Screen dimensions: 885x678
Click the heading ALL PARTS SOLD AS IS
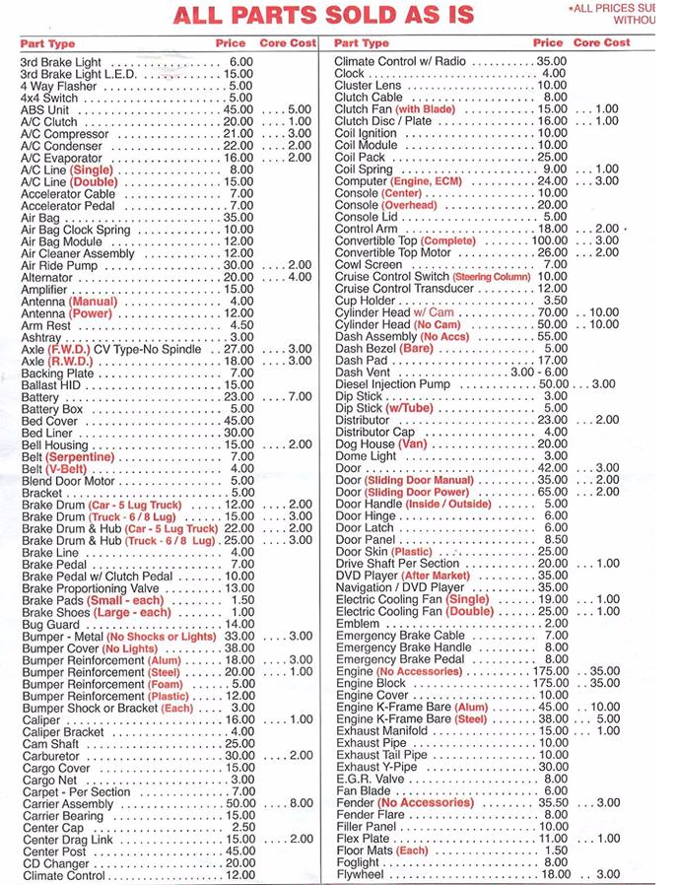click(x=323, y=16)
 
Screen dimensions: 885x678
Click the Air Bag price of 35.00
click(x=237, y=218)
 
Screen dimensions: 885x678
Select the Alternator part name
click(x=47, y=278)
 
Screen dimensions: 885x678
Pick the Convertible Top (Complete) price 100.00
click(x=549, y=241)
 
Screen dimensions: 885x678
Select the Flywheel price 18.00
click(x=554, y=874)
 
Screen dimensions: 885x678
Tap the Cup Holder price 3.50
click(x=555, y=301)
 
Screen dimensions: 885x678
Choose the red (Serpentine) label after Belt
click(x=80, y=457)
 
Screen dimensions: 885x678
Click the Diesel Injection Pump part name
click(x=392, y=384)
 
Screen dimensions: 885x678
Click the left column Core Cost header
click(x=288, y=43)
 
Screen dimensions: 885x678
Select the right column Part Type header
click(x=362, y=43)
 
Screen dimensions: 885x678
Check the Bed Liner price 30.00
click(x=237, y=433)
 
